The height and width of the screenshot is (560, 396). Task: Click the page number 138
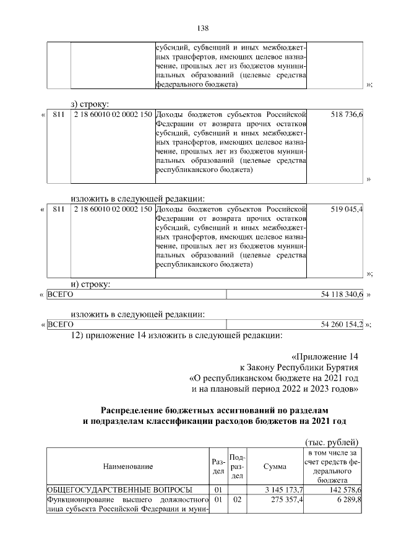coord(202,28)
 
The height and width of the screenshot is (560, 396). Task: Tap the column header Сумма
coord(274,466)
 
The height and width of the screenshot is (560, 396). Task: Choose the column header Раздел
coord(218,466)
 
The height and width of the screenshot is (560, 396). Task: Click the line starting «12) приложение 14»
coord(176,336)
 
